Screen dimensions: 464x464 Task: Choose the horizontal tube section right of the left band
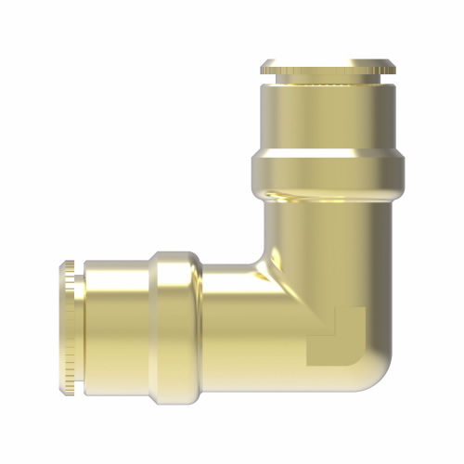(232, 329)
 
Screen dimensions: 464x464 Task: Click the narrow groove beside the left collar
(81, 329)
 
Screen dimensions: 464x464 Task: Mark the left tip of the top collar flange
(263, 67)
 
